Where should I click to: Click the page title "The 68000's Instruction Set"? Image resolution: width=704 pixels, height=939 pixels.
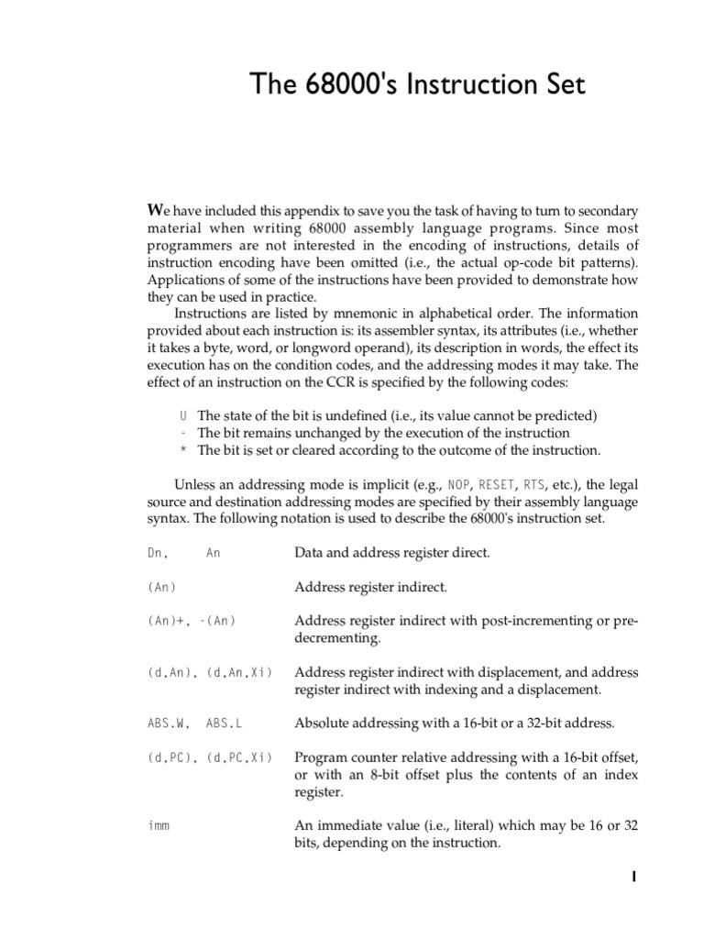pyautogui.click(x=417, y=86)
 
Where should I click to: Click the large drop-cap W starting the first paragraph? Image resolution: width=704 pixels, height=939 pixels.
pyautogui.click(x=156, y=210)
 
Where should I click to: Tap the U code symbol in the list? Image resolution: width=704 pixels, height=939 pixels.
pyautogui.click(x=183, y=415)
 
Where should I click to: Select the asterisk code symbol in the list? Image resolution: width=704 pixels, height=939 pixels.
pyautogui.click(x=183, y=450)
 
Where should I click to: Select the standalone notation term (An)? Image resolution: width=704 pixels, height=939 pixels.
pyautogui.click(x=161, y=587)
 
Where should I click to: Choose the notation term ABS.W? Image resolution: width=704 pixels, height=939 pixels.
pyautogui.click(x=166, y=724)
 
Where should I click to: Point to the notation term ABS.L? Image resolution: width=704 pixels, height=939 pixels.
pyautogui.click(x=225, y=724)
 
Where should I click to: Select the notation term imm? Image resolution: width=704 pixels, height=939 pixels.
pyautogui.click(x=158, y=826)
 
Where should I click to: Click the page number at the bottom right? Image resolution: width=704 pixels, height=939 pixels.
pyautogui.click(x=633, y=878)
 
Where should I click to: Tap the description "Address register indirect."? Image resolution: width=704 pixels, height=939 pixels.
pyautogui.click(x=370, y=587)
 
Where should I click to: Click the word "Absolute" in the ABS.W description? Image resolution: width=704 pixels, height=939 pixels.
pyautogui.click(x=322, y=724)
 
